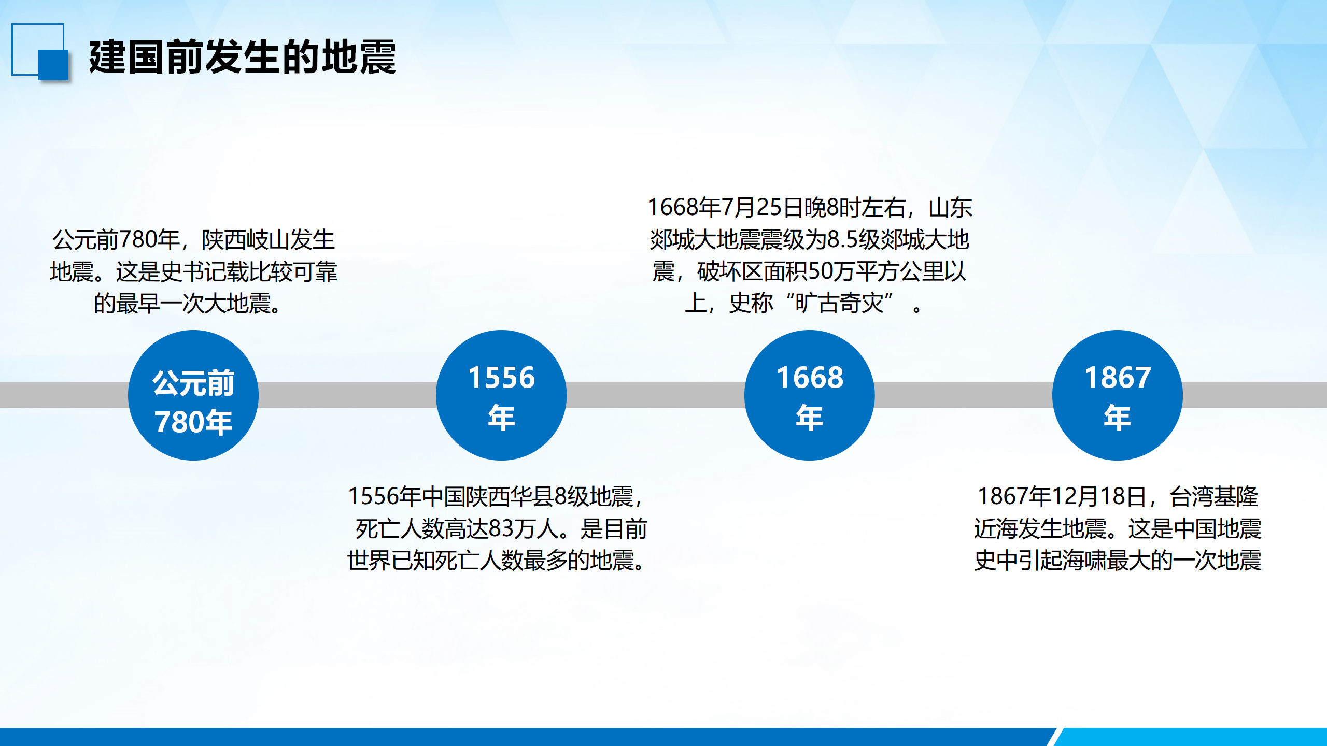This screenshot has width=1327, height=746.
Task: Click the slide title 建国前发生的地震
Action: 243,57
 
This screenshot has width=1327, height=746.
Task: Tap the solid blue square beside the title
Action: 53,65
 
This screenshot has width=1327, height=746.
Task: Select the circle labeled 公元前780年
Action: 193,395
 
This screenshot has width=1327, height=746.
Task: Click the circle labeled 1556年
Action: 501,395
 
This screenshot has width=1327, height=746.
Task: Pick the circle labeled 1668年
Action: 810,395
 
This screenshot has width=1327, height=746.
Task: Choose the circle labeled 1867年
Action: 1118,395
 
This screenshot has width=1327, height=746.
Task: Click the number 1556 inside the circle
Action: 501,378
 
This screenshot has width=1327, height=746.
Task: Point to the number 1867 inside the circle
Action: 1118,378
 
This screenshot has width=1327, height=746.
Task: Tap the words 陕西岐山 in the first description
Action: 245,240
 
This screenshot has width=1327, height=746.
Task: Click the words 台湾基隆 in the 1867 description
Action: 1214,497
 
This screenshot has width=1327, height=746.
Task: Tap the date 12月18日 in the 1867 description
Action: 1099,497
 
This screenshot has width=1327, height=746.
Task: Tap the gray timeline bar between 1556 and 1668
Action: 655,395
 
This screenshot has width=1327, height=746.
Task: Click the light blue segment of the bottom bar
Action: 1192,737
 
